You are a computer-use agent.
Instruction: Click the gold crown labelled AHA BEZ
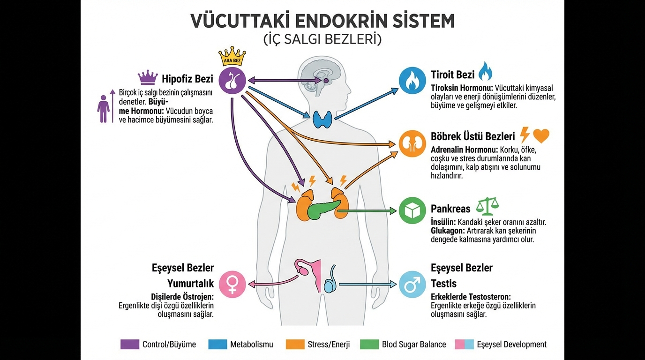232,56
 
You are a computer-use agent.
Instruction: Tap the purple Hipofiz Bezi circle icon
232,81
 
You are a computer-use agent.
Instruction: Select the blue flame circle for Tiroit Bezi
412,81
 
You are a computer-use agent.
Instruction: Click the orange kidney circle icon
412,144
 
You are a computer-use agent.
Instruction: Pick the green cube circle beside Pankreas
412,210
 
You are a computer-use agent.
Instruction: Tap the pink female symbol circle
232,284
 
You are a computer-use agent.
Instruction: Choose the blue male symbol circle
412,284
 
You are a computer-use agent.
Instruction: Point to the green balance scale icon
487,206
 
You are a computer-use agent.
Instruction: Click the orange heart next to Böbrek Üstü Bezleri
541,136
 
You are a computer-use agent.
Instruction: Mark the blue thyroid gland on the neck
323,119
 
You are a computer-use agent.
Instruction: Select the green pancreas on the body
323,208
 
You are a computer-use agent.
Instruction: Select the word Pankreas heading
450,209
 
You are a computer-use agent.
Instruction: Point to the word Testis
443,284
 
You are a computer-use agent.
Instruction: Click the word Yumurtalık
190,284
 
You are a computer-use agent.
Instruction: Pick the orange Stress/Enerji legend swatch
295,345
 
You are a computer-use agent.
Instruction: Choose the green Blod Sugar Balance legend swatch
369,345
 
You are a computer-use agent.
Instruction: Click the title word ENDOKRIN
313,21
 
